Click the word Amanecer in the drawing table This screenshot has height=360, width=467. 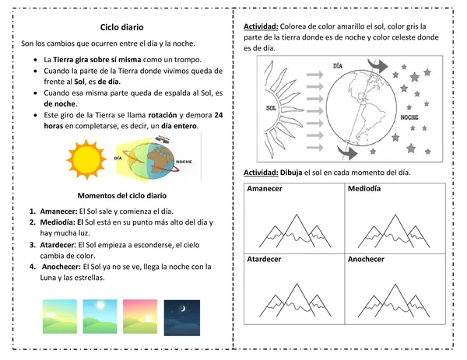point(264,190)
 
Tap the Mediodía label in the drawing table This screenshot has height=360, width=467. point(365,190)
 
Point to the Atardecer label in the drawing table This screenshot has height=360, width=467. point(264,259)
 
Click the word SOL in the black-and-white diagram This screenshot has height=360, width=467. point(272,108)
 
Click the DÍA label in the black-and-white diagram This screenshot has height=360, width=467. point(338,67)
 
